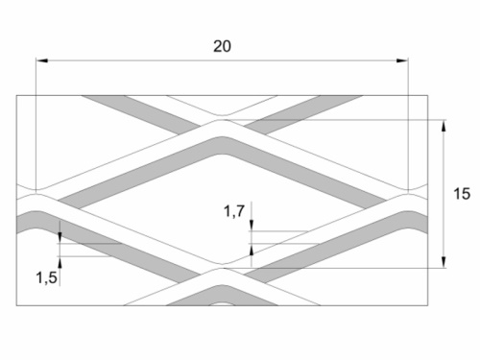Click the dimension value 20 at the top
coord(223,46)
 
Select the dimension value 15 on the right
coord(461,194)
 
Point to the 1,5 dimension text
coord(46,277)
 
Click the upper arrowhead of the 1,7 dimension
coord(252,227)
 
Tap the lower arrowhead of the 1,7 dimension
coord(252,248)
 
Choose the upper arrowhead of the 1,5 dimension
coord(60,234)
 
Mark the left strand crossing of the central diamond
coord(40,195)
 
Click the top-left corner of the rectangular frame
coord(17,94)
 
